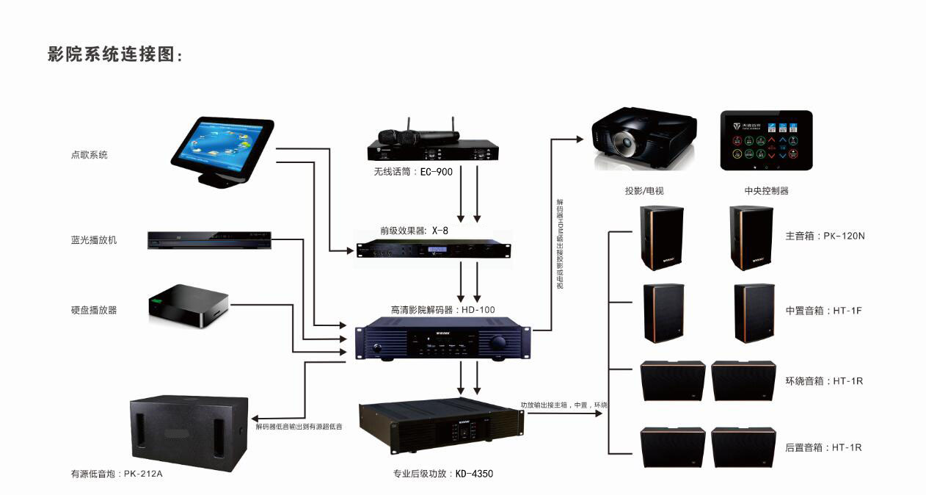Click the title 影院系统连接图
[x=114, y=54]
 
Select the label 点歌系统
[x=89, y=155]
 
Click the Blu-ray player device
[x=209, y=240]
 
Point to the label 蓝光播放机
[x=93, y=240]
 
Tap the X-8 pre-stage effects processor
[x=433, y=252]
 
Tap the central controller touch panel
[x=766, y=140]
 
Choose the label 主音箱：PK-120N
[x=825, y=236]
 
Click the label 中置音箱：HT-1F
[x=823, y=311]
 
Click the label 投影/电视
[x=644, y=191]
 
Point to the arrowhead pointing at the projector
[x=586, y=138]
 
